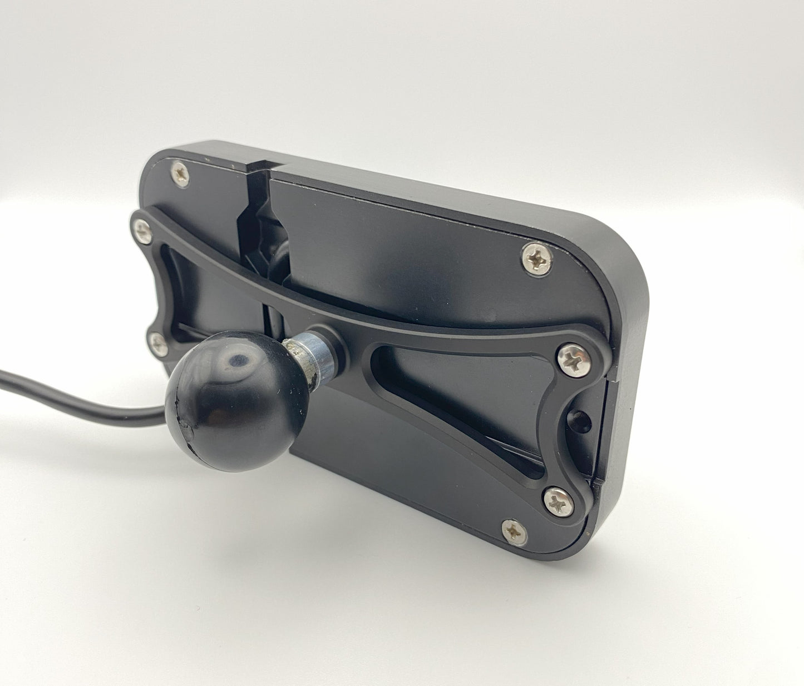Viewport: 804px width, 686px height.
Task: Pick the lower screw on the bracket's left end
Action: (159, 344)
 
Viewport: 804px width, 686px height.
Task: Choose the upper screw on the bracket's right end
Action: (573, 358)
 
